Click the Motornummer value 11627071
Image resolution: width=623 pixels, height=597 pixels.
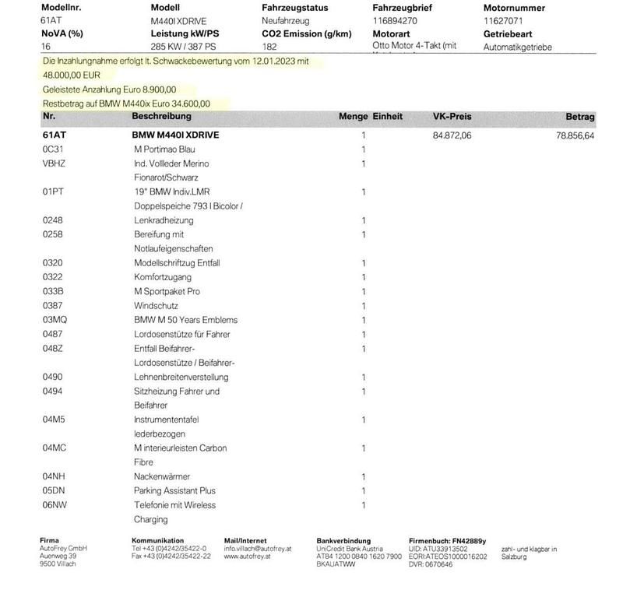tap(504, 20)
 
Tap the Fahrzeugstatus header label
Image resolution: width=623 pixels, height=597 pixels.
tap(295, 8)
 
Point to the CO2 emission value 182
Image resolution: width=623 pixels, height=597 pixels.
tap(269, 47)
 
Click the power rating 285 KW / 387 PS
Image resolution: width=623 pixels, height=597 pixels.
tap(184, 47)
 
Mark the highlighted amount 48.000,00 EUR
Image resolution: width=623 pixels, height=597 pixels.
tap(72, 75)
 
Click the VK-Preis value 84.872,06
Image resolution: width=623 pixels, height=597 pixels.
tap(452, 135)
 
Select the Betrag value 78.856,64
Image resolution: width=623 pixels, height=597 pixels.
tap(575, 135)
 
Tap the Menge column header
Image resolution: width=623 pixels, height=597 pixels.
tap(353, 117)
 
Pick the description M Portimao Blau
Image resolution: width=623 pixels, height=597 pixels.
tap(164, 149)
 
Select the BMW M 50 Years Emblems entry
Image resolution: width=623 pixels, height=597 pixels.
tap(185, 320)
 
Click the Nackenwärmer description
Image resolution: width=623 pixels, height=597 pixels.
tap(161, 476)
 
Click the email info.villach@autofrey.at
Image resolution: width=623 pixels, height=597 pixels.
tap(257, 549)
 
